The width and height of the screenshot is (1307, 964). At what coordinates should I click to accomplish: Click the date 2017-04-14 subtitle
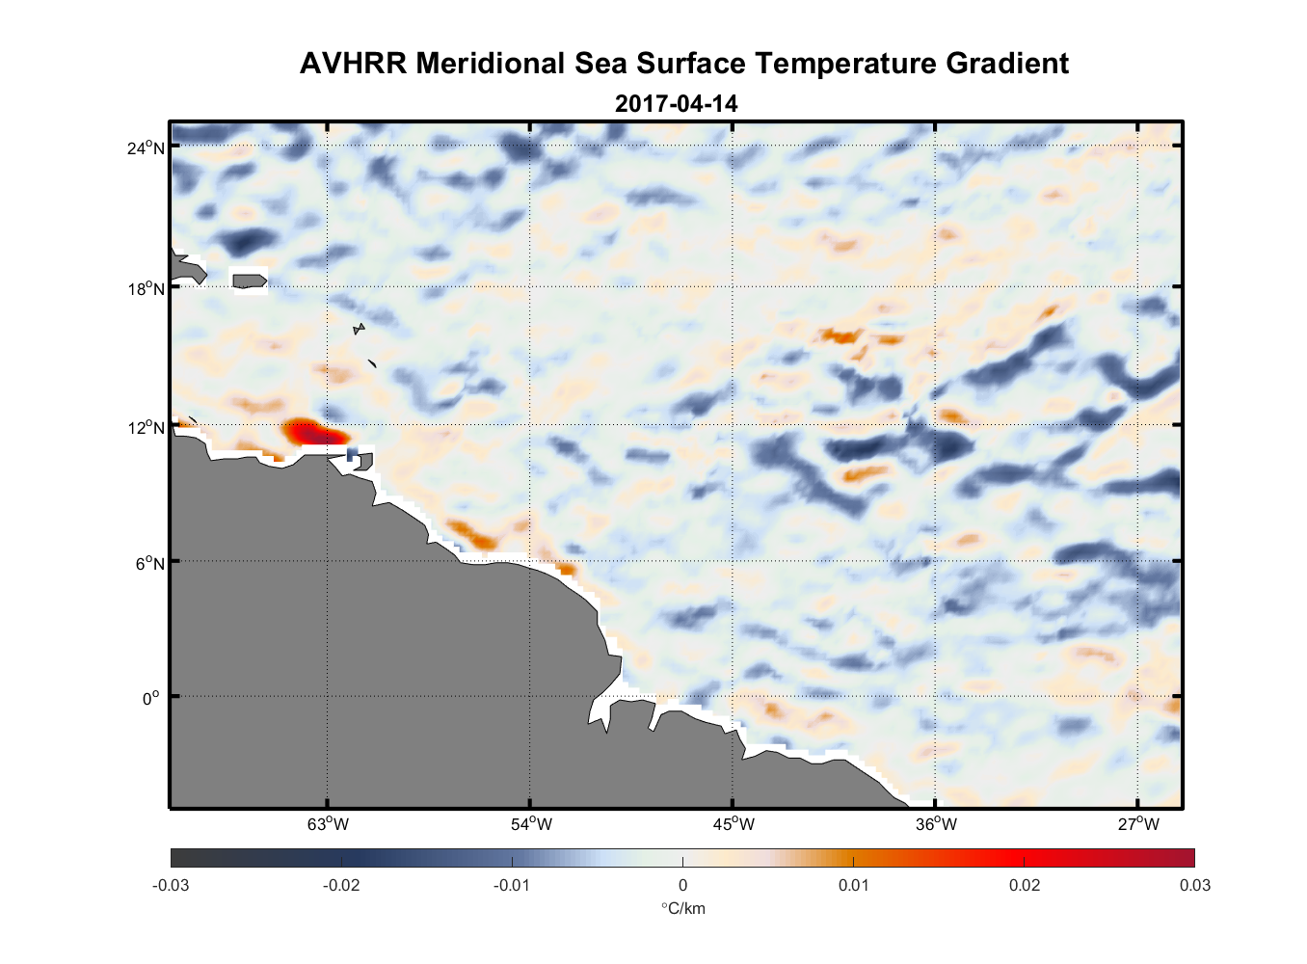coord(677,103)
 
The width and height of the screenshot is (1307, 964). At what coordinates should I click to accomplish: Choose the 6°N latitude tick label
coord(149,562)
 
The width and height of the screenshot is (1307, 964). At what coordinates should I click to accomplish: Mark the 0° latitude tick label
coord(151,698)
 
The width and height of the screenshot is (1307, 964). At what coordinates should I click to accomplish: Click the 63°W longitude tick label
coord(328,824)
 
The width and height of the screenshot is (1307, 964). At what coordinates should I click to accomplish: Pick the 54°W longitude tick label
coord(531,824)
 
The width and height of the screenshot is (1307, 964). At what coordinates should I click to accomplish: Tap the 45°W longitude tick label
coord(734,824)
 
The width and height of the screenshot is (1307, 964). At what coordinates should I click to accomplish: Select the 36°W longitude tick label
coord(936,824)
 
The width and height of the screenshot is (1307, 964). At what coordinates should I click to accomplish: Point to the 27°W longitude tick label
coord(1138,824)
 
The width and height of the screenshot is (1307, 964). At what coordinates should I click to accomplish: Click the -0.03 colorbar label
coord(171,886)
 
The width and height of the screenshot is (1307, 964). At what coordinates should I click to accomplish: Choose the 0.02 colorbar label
coord(1024,886)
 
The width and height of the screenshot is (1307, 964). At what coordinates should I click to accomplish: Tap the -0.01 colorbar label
coord(511,886)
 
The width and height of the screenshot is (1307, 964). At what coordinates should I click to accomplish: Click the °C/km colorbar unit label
coord(682,908)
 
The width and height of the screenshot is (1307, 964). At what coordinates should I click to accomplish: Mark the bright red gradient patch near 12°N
coord(310,434)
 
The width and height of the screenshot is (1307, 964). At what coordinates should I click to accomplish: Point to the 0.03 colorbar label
coord(1194,886)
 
